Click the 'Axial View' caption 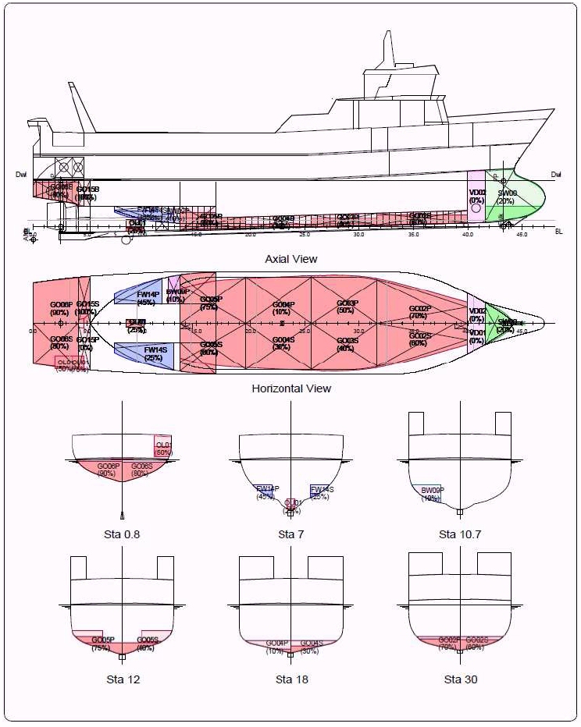click(x=291, y=259)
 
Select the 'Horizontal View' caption click(x=291, y=388)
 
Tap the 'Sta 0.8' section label click(x=123, y=534)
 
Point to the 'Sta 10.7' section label click(x=461, y=534)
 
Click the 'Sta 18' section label click(x=291, y=679)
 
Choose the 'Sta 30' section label click(x=461, y=679)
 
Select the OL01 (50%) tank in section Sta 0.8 click(x=163, y=447)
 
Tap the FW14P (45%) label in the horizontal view click(x=148, y=297)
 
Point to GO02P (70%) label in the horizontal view click(x=419, y=311)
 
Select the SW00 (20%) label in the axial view click(x=506, y=197)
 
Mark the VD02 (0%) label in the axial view click(x=476, y=197)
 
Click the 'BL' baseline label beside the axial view click(x=558, y=232)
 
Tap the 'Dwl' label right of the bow click(x=556, y=175)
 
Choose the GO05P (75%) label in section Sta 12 click(x=102, y=644)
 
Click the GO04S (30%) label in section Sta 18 click(x=310, y=647)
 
